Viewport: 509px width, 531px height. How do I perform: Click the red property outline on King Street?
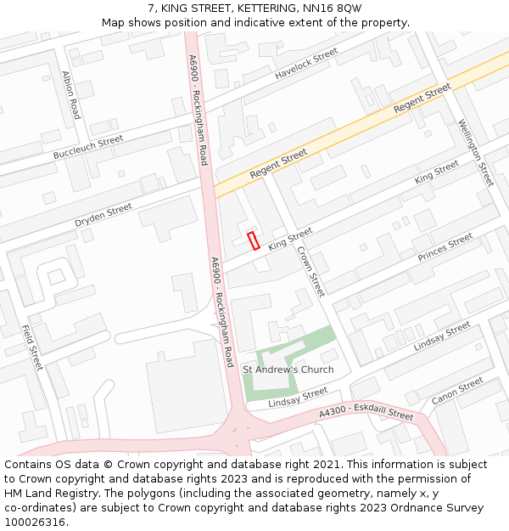click(x=253, y=240)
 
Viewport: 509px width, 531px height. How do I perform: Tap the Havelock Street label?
click(x=306, y=64)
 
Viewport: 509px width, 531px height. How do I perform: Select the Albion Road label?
click(x=70, y=94)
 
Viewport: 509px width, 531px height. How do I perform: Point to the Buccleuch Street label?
click(x=88, y=147)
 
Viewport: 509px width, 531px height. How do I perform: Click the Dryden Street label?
click(x=103, y=214)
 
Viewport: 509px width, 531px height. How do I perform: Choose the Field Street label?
click(x=32, y=347)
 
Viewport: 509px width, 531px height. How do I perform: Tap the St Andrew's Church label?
click(x=288, y=370)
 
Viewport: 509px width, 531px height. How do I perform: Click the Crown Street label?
click(x=310, y=271)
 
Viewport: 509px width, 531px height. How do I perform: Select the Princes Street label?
click(x=445, y=247)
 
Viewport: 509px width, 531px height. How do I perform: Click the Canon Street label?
click(x=457, y=392)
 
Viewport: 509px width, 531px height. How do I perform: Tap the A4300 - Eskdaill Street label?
click(x=366, y=413)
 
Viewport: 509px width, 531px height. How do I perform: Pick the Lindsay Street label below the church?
click(x=298, y=397)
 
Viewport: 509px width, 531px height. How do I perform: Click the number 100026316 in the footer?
click(x=35, y=522)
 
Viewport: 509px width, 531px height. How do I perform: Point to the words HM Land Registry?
click(x=48, y=493)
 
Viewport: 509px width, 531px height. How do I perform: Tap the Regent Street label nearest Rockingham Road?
click(x=278, y=164)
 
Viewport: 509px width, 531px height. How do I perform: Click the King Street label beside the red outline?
click(x=290, y=239)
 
